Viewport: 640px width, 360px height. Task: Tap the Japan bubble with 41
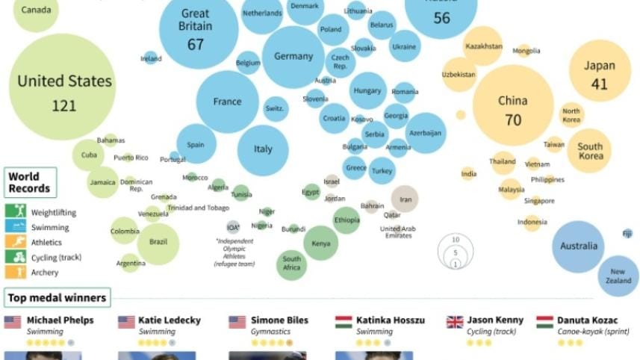[x=600, y=75]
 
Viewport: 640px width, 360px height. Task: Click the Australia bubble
[x=580, y=246]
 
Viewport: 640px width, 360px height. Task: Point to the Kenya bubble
[x=320, y=243]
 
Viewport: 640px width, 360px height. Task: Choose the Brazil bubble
[x=158, y=243]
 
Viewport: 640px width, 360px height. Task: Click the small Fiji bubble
[x=627, y=234]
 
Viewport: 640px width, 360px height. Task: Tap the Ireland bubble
[x=151, y=58]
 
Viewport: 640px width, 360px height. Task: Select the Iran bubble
[x=406, y=199]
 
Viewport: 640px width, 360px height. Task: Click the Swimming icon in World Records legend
[x=16, y=227]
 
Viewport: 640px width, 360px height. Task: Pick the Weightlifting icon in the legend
[x=16, y=212]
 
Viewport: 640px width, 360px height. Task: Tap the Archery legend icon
[x=16, y=273]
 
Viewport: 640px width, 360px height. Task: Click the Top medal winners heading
[x=57, y=298]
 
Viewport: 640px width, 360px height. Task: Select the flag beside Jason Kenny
[x=454, y=322]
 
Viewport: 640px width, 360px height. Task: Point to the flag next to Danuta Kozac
[x=544, y=322]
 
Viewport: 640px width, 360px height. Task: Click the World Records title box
[x=29, y=183]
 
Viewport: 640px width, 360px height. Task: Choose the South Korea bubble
[x=590, y=152]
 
